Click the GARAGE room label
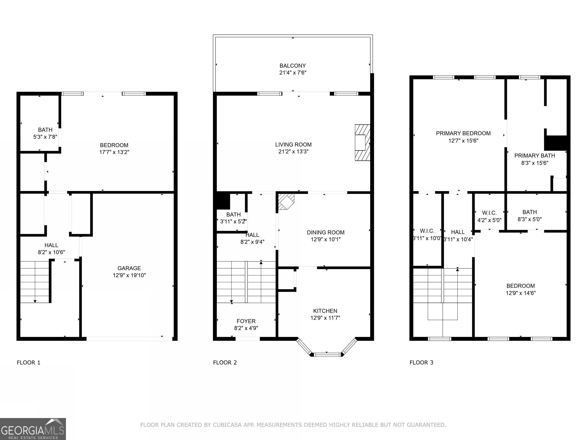(129, 268)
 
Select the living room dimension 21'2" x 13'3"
(293, 151)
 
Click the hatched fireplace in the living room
(362, 143)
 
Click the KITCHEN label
(325, 311)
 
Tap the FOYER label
(246, 321)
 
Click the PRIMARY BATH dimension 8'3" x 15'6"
(534, 163)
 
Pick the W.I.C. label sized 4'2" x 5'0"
(489, 213)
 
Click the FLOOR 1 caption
(28, 362)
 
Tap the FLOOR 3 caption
(421, 362)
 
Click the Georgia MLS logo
(33, 429)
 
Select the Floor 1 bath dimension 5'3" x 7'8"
(45, 137)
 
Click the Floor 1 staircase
(35, 282)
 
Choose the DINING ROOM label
(325, 232)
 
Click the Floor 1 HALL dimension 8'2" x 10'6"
(51, 252)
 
